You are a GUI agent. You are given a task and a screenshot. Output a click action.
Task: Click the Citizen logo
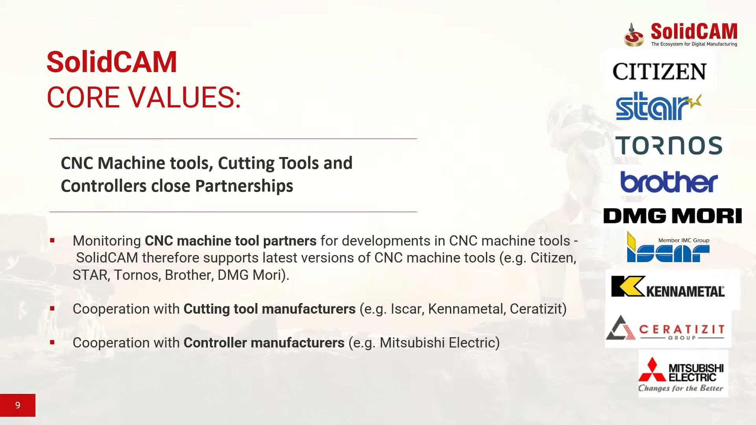pos(660,72)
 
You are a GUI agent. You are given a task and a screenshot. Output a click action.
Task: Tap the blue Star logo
pos(659,106)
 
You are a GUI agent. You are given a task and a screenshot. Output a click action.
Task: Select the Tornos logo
pos(669,145)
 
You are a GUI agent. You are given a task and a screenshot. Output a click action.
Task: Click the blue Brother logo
pos(669,182)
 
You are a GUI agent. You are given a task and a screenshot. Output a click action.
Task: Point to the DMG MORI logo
pos(673,216)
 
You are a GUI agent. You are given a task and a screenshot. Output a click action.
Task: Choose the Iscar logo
pos(668,247)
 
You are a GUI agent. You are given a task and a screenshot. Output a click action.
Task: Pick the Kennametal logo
pos(668,286)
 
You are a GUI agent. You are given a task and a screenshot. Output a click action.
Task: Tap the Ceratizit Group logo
pos(665,328)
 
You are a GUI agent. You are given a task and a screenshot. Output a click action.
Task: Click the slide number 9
pos(18,405)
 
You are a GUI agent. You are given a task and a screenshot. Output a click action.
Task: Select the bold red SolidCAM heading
pos(112,62)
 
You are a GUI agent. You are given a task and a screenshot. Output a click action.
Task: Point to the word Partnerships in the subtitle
pos(244,186)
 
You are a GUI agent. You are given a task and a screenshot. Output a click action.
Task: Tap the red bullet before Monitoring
pos(52,240)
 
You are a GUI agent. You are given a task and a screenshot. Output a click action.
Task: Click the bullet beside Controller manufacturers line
pos(52,342)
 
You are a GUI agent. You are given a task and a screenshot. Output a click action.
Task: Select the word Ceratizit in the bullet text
pos(536,309)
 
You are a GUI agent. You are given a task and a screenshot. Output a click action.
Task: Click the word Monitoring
pos(107,241)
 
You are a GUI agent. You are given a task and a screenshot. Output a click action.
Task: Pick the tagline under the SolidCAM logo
pos(694,44)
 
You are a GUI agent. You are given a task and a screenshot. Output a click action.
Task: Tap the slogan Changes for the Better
pos(681,388)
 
